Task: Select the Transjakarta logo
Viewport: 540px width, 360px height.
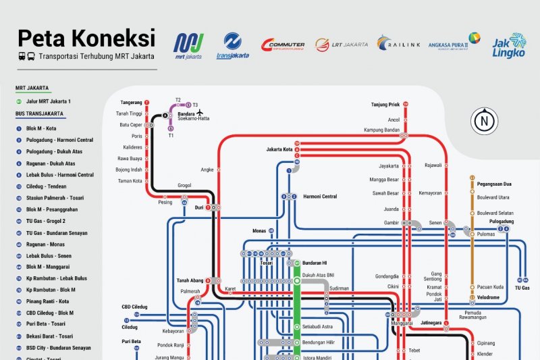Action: [x=232, y=45]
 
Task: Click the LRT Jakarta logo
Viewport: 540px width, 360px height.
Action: [x=341, y=45]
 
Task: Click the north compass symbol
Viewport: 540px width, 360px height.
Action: [x=484, y=122]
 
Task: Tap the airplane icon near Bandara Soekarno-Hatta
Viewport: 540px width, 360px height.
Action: [x=200, y=112]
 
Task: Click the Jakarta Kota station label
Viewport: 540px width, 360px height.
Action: [x=279, y=149]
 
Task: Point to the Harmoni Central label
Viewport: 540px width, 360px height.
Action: [x=320, y=197]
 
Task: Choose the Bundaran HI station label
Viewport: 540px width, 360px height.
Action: [x=315, y=262]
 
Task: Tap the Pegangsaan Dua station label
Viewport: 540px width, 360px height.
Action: [x=494, y=184]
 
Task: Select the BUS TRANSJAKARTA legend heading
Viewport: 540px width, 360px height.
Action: [x=40, y=114]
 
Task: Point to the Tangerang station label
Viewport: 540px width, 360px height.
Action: [x=131, y=103]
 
